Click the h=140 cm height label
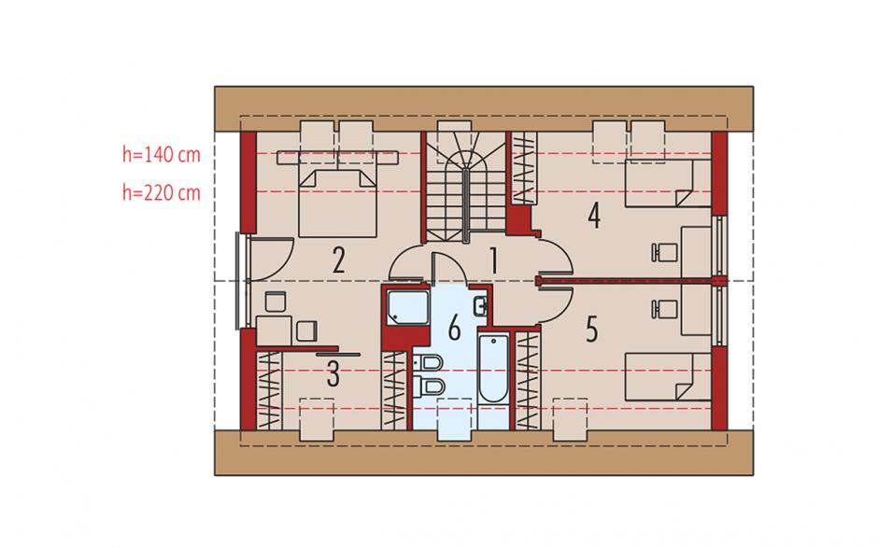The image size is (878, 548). tap(162, 154)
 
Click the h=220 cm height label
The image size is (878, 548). tap(162, 192)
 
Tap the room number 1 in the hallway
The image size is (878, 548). tap(493, 260)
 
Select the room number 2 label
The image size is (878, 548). tap(337, 260)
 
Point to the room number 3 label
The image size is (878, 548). tap(333, 374)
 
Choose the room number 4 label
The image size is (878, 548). tap(594, 216)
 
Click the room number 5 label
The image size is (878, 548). tap(592, 330)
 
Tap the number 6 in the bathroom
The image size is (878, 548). tap(454, 328)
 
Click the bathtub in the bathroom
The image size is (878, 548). tap(493, 368)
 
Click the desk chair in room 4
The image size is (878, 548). tap(665, 252)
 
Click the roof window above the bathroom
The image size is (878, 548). tap(454, 419)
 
